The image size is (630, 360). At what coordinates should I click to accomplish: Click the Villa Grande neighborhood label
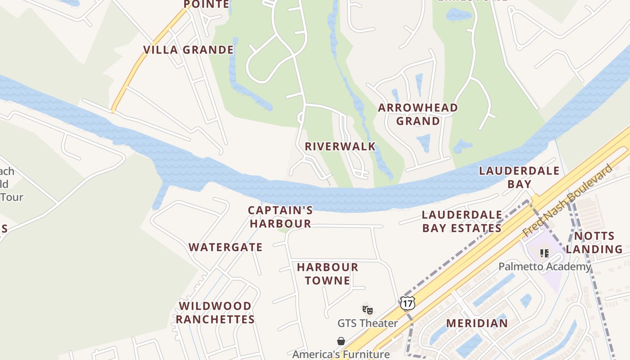[x=189, y=50]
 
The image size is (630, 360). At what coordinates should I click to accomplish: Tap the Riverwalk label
[x=340, y=147]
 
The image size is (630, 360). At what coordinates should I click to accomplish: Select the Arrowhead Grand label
[x=418, y=114]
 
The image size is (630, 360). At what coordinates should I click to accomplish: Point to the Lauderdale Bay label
[x=519, y=177]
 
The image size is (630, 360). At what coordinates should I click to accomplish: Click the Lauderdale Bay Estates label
[x=462, y=221]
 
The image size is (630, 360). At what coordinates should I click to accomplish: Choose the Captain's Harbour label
[x=280, y=217]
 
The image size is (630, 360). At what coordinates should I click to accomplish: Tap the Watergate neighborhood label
[x=225, y=247]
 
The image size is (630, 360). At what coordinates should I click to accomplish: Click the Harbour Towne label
[x=328, y=274]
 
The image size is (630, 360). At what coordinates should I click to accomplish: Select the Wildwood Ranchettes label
[x=215, y=313]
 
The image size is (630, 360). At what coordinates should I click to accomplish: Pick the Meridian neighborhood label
[x=477, y=323]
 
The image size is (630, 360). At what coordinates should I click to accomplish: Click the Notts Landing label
[x=594, y=243]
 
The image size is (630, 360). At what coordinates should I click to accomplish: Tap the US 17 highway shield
[x=407, y=303]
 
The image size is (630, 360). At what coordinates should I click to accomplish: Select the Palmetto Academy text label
[x=544, y=266]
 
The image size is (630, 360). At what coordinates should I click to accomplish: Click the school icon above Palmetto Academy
[x=544, y=253]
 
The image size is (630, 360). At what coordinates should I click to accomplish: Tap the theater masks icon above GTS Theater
[x=368, y=310]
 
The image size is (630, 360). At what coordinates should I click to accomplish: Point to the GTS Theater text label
[x=368, y=323]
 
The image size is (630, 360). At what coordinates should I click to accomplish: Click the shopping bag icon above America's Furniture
[x=341, y=342]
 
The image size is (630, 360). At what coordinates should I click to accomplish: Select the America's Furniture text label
[x=341, y=354]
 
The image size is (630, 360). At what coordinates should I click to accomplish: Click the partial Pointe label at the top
[x=207, y=4]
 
